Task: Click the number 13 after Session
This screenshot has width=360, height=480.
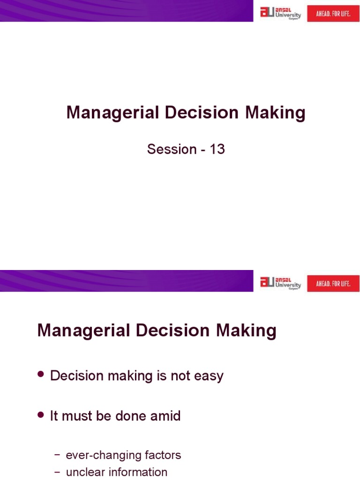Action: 217,149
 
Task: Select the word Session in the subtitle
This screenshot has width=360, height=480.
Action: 172,149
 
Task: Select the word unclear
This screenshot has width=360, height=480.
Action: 82,472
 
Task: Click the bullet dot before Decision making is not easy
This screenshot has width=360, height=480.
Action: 41,375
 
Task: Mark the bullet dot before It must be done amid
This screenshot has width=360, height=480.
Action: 41,415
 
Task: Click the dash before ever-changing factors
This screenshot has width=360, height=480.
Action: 57,455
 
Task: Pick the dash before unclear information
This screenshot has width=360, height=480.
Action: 57,472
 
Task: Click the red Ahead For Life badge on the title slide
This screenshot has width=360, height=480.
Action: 333,13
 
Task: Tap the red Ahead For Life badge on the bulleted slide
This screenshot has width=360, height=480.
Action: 333,284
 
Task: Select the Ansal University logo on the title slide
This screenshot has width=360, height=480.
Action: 280,13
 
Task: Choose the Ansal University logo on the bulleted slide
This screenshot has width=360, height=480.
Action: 280,283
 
